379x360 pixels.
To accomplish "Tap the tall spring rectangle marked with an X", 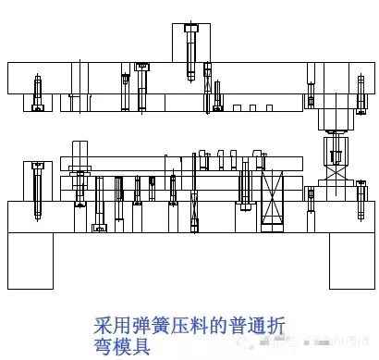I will (x=272, y=198).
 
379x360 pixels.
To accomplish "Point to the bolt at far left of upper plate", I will (x=37, y=93).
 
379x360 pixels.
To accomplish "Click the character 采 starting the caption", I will (x=104, y=326).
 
